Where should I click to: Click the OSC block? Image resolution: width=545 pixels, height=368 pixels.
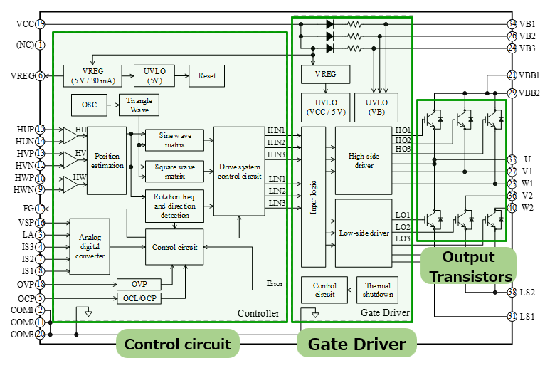[x=89, y=105]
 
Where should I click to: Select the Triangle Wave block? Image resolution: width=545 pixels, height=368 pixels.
[x=139, y=105]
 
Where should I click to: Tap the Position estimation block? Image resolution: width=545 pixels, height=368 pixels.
[x=107, y=160]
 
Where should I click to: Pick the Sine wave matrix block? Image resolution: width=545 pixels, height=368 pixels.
[x=174, y=140]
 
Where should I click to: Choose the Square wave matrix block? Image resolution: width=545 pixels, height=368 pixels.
[x=174, y=171]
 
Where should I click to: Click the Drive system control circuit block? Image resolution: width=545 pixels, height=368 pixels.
[x=239, y=171]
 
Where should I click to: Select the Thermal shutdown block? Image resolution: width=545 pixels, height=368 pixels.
[x=377, y=290]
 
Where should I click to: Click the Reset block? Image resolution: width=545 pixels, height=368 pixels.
[x=206, y=75]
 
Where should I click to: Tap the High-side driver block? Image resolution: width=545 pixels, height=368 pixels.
[x=363, y=160]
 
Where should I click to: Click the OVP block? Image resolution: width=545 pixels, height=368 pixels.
[x=139, y=285]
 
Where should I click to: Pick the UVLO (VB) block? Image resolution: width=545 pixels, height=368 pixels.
[x=376, y=107]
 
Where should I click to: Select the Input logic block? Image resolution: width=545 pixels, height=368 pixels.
[x=313, y=197]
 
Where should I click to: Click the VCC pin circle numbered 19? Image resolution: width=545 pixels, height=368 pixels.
[x=41, y=24]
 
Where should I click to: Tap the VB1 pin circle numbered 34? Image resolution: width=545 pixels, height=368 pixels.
[x=512, y=24]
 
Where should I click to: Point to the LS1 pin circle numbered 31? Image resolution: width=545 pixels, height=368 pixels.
[x=512, y=316]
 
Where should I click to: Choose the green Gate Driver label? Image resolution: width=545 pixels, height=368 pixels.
[x=356, y=345]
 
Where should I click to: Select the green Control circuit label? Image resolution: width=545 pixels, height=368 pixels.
[x=178, y=345]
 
